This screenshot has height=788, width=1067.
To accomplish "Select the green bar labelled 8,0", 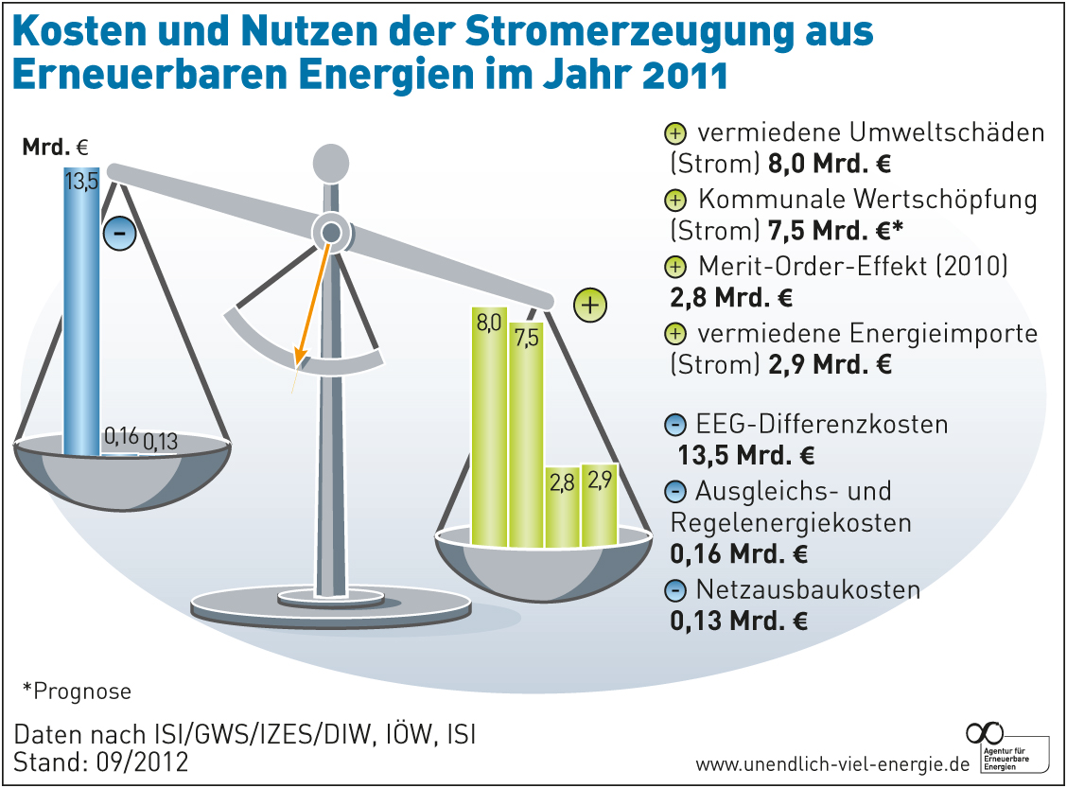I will tap(489, 426).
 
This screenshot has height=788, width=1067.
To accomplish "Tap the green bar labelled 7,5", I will tap(525, 435).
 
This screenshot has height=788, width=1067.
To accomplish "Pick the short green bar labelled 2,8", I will tap(562, 507).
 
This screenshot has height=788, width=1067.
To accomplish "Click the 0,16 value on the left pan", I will tap(121, 436).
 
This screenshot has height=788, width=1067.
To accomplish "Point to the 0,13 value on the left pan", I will tap(161, 441).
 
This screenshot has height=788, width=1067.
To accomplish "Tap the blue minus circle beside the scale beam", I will tap(120, 233).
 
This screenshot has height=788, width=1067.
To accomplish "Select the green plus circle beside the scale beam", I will tap(589, 306).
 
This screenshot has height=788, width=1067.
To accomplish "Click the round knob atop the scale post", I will tap(331, 162).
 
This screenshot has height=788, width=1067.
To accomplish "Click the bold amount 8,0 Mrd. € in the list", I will tap(830, 164).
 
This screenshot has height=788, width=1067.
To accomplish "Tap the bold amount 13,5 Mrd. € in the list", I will tap(746, 455).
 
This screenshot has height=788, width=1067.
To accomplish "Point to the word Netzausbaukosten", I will tap(808, 590).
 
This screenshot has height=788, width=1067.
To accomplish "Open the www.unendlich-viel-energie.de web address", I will tap(832, 763).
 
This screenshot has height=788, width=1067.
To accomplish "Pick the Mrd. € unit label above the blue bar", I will tap(55, 148).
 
